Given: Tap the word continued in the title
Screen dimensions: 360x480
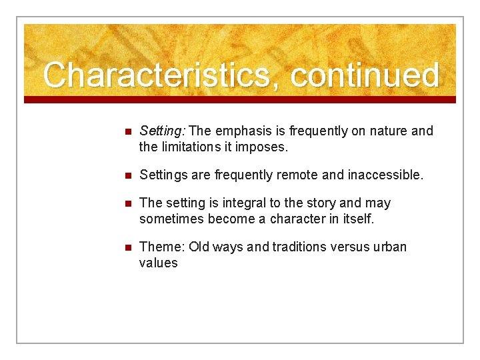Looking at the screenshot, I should coord(365,75).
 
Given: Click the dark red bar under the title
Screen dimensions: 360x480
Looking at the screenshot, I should coord(240,99).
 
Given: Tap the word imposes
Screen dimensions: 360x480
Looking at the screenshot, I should coord(263,147).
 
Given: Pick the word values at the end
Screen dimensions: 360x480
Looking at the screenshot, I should coord(158,263).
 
